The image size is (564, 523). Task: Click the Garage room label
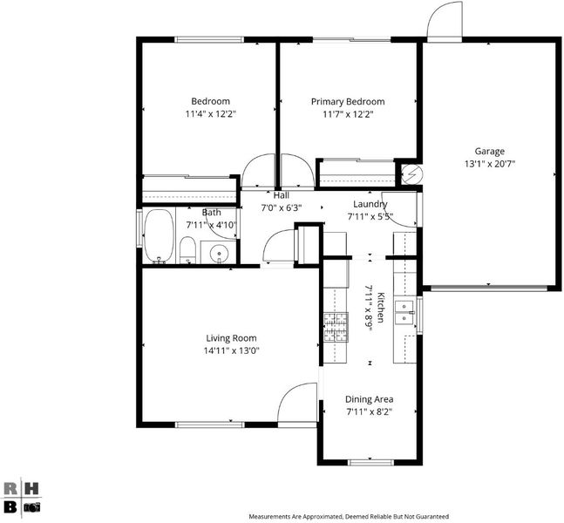point(489,152)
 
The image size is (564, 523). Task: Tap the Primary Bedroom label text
point(348,102)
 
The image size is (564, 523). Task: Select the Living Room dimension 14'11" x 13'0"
point(231,350)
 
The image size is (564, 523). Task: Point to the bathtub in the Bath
point(159,236)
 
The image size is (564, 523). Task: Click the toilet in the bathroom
point(187,250)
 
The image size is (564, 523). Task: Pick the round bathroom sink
point(219,253)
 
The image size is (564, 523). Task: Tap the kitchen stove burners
point(336,327)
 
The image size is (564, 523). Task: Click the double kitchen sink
point(404,312)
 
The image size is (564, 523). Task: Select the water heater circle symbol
point(411,174)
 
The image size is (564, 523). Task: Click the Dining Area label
point(369,399)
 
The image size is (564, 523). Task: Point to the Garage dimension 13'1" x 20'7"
point(490,164)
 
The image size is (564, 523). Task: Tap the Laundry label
point(370,204)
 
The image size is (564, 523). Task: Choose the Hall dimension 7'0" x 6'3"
point(281,207)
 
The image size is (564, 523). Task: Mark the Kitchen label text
point(381,307)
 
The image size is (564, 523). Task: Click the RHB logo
point(21,499)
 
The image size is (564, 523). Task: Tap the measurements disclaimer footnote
point(349,517)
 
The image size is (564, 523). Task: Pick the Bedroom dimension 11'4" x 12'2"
point(210,114)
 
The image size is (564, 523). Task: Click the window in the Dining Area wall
point(370,462)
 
